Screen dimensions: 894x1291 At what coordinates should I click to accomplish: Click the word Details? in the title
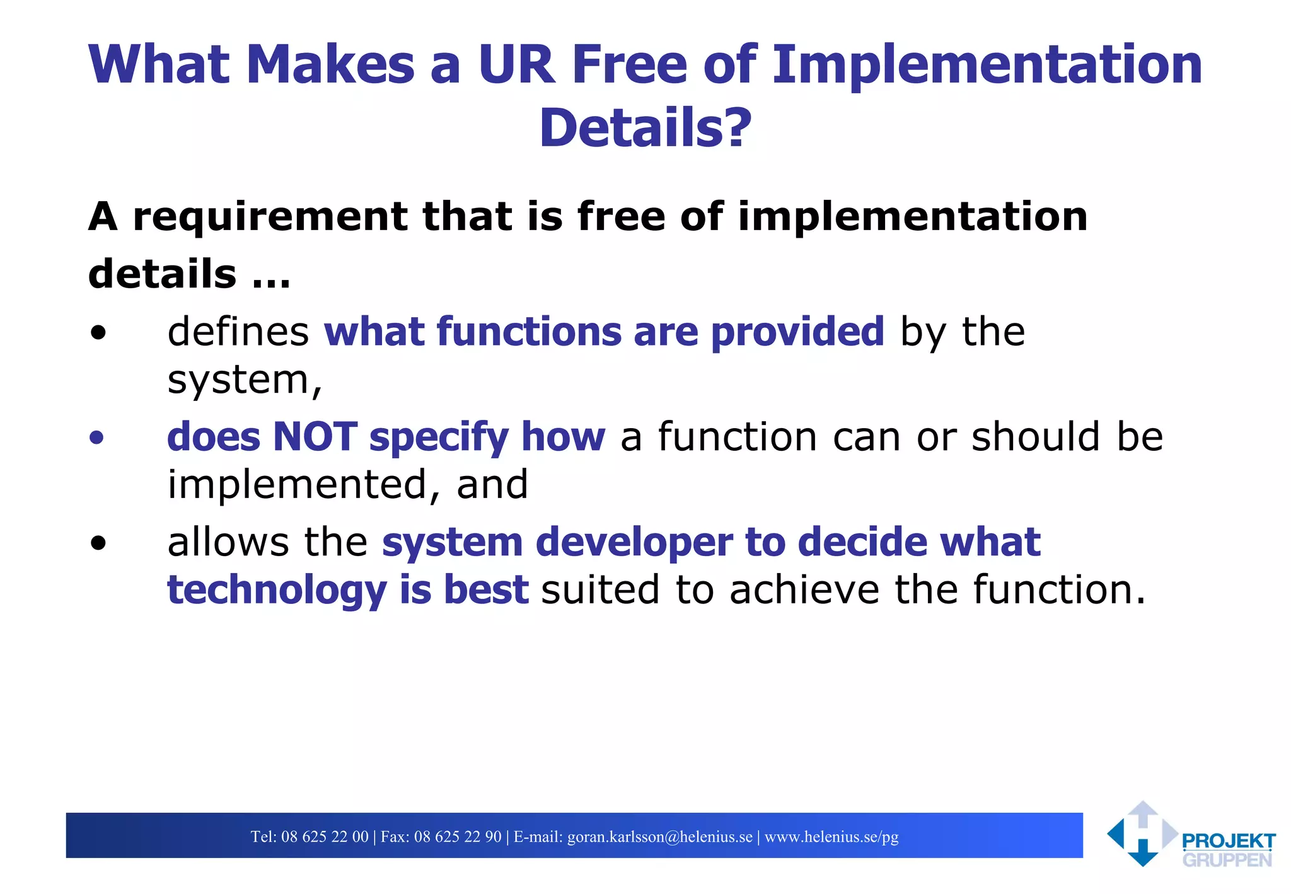645,128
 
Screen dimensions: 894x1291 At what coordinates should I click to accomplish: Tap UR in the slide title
516,64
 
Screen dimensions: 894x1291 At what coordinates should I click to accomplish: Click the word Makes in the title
330,64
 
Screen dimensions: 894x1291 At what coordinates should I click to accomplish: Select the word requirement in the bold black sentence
270,216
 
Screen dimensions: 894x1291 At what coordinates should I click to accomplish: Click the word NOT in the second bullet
315,436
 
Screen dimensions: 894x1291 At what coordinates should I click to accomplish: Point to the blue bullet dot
96,438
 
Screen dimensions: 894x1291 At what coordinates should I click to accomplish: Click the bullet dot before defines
98,333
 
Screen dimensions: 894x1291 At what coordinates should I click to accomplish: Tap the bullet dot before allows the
98,543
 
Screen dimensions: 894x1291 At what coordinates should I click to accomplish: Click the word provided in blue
797,332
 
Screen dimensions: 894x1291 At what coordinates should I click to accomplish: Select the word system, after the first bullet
245,380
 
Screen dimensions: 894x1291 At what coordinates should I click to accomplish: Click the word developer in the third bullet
634,542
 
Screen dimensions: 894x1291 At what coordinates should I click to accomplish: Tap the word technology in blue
276,590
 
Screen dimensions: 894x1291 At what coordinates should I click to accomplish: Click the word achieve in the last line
804,590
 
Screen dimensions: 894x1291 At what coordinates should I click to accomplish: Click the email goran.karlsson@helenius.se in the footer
659,837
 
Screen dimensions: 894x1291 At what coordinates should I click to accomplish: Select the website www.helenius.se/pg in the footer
831,837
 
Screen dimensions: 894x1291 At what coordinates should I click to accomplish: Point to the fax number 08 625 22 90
457,837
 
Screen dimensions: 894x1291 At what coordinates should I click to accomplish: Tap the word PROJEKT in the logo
1228,841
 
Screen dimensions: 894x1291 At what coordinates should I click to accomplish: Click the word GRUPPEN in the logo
1227,860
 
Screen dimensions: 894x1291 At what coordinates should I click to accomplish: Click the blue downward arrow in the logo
1142,853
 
